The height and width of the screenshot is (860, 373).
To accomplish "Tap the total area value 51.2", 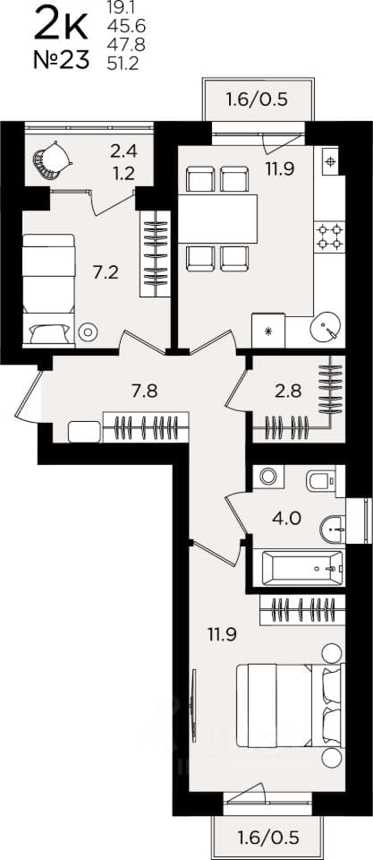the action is pyautogui.click(x=123, y=64).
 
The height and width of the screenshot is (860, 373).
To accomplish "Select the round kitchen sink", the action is pyautogui.click(x=326, y=328).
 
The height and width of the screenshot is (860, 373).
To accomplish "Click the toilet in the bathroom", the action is pyautogui.click(x=322, y=480).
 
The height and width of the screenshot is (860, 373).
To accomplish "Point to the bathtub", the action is pyautogui.click(x=303, y=568).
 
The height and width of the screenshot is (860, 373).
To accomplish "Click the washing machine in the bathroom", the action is pyautogui.click(x=267, y=476).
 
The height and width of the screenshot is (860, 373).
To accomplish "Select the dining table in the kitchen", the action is pyautogui.click(x=218, y=219).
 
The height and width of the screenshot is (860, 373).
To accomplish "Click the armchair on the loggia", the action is pyautogui.click(x=53, y=160).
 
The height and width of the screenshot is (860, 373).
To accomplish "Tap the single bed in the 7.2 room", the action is pyautogui.click(x=48, y=290).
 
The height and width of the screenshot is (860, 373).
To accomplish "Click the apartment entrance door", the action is pyautogui.click(x=29, y=396).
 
